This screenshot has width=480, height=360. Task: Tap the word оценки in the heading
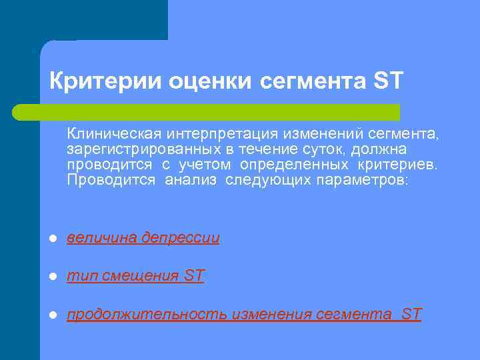pos(209,81)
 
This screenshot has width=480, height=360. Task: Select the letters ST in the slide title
pos(389,81)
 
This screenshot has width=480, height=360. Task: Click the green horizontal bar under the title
pos(207,112)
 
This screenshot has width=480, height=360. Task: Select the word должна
pos(382,150)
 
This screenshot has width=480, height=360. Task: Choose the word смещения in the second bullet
pos(141,276)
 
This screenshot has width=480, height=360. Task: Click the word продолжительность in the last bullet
pos(147,314)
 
